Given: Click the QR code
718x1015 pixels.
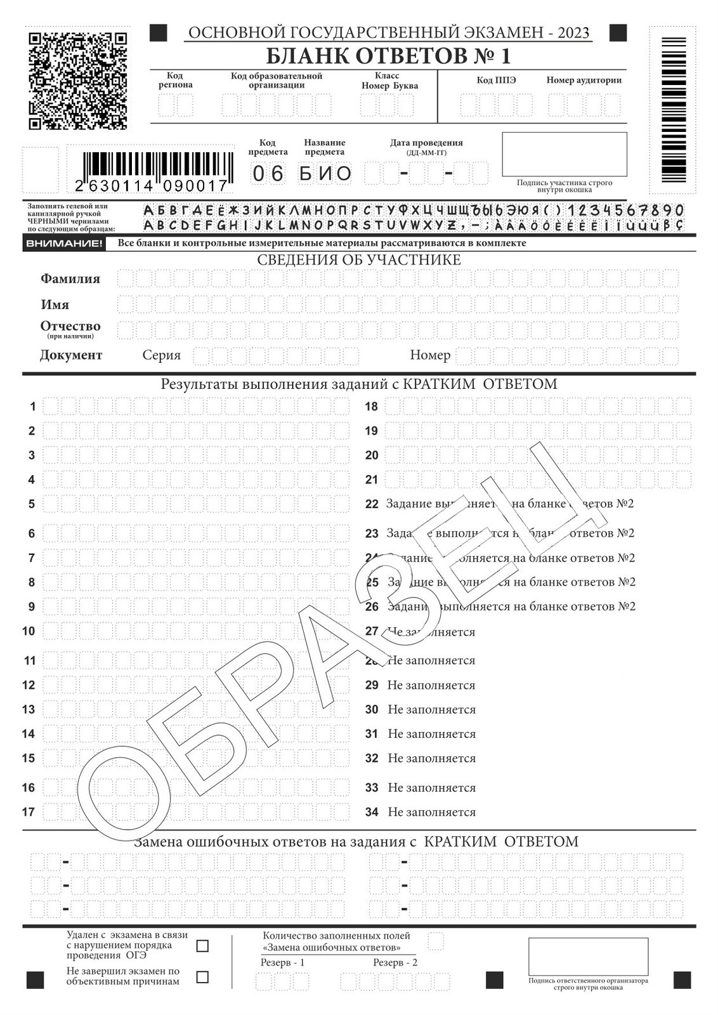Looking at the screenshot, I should pyautogui.click(x=78, y=80).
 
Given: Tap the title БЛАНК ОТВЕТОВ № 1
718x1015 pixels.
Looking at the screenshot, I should pyautogui.click(x=388, y=56).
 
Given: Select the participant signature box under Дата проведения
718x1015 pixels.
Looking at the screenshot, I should pyautogui.click(x=564, y=154).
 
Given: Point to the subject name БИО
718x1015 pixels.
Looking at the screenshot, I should pyautogui.click(x=325, y=173).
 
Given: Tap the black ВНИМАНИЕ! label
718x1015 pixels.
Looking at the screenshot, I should pyautogui.click(x=63, y=243).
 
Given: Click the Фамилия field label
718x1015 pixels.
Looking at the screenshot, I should pyautogui.click(x=70, y=278).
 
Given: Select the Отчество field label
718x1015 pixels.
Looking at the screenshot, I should pyautogui.click(x=70, y=326).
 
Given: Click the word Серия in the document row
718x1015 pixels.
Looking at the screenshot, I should pyautogui.click(x=161, y=355).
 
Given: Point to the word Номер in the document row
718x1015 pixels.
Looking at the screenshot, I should pyautogui.click(x=430, y=355).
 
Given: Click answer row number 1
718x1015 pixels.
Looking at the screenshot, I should pyautogui.click(x=32, y=407).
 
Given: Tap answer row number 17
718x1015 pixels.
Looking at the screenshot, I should pyautogui.click(x=29, y=812).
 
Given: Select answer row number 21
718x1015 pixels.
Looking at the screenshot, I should pyautogui.click(x=372, y=480).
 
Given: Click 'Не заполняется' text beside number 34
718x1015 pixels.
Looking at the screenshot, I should pyautogui.click(x=431, y=812).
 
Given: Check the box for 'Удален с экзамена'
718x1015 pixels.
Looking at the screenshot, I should pyautogui.click(x=202, y=946).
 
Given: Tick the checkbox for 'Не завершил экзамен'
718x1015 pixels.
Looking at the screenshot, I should pyautogui.click(x=202, y=977).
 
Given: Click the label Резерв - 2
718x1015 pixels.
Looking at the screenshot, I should pyautogui.click(x=395, y=962).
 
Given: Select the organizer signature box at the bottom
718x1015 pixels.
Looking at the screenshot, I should pyautogui.click(x=588, y=957).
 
